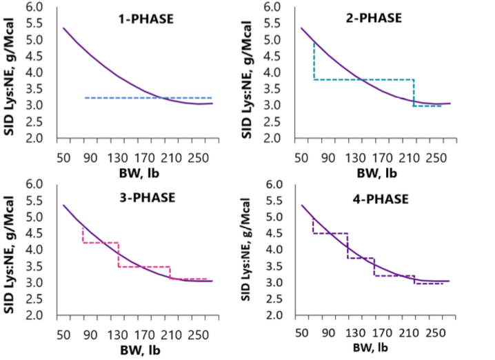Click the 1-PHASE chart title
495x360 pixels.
[144, 19]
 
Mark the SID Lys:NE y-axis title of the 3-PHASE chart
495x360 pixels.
[12, 250]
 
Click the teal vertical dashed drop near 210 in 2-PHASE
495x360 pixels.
[414, 92]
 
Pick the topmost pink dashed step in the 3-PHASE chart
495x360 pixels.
[100, 243]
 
